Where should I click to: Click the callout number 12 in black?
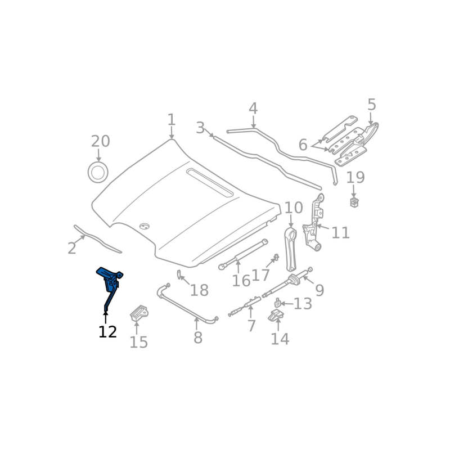[107, 332]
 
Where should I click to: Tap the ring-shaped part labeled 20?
[98, 172]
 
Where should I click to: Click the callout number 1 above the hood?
[171, 120]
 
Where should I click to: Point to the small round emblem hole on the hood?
[145, 226]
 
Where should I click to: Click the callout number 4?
[253, 109]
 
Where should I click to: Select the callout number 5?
[371, 105]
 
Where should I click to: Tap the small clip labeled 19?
[354, 202]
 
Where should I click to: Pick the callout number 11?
[340, 232]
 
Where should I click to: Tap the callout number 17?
[261, 275]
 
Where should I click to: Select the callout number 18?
[199, 290]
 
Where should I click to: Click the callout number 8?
[197, 338]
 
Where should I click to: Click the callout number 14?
[280, 339]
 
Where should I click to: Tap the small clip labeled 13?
[278, 304]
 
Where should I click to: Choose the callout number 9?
[319, 290]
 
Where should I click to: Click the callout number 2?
[71, 249]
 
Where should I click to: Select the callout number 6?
[303, 145]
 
